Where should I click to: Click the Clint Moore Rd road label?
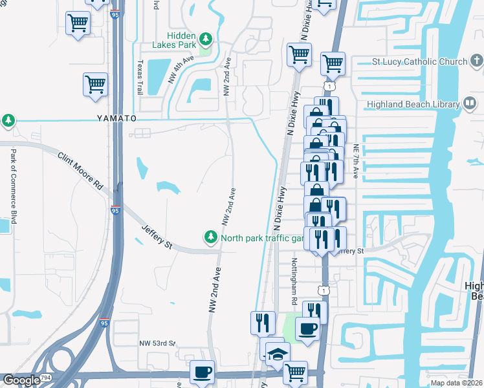click(x=81, y=171)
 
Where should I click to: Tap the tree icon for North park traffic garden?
click(x=210, y=238)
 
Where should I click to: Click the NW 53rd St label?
click(x=157, y=343)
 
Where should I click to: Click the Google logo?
click(x=21, y=380)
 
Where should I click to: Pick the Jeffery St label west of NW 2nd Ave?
click(x=157, y=237)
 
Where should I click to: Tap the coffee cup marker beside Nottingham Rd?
click(x=308, y=329)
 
